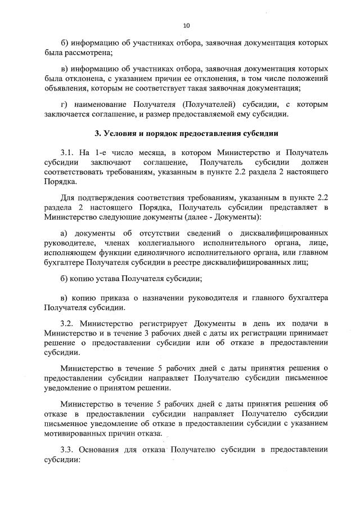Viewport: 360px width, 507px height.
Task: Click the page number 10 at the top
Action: [x=187, y=26]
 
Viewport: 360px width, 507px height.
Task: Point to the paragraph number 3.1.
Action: [x=69, y=153]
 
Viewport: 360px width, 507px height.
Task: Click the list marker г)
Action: [x=64, y=105]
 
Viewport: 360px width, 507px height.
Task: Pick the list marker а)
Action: [x=64, y=233]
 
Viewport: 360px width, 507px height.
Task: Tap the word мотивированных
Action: [x=72, y=434]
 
